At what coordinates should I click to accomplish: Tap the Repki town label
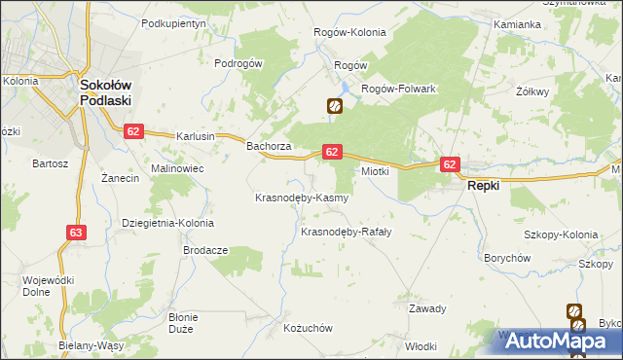484,185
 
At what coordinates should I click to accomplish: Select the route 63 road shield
77,232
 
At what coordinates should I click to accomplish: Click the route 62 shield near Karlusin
133,131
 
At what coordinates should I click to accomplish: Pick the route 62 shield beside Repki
449,164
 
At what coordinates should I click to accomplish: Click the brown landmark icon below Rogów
334,106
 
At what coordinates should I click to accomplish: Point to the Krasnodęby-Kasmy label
301,198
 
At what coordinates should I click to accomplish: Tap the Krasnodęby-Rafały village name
346,232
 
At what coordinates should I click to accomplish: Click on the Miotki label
376,171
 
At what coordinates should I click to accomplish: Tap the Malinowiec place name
176,168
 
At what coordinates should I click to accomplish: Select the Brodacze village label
205,250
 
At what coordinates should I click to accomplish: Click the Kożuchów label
308,329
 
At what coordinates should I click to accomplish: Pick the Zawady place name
427,309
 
